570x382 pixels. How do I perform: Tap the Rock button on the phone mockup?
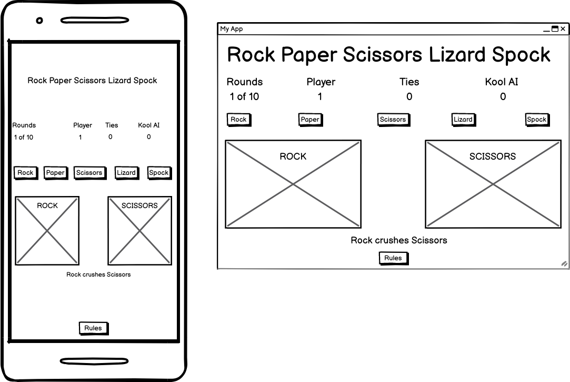click(x=25, y=172)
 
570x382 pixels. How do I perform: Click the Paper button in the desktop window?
click(x=310, y=119)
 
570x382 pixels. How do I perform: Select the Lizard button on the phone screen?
click(x=126, y=172)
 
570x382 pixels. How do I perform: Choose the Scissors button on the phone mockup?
click(x=89, y=172)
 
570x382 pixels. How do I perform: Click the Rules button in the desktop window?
click(x=393, y=258)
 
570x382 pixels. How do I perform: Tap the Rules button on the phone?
click(x=93, y=328)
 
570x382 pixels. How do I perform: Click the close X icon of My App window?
click(x=563, y=29)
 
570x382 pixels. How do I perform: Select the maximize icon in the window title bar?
click(x=555, y=29)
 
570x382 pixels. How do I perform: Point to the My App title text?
click(x=232, y=29)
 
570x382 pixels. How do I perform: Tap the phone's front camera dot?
click(x=39, y=21)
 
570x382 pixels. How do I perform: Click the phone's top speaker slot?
click(x=94, y=21)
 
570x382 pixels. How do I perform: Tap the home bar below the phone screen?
click(x=94, y=361)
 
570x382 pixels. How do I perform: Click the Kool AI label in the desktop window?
click(x=502, y=82)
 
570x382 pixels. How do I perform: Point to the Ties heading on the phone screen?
click(x=112, y=125)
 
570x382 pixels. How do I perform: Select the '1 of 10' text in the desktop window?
click(x=244, y=96)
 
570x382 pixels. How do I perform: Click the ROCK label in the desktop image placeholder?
click(x=293, y=156)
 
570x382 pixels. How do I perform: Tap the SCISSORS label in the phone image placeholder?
click(x=139, y=205)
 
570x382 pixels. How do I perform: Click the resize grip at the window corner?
click(x=564, y=263)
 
